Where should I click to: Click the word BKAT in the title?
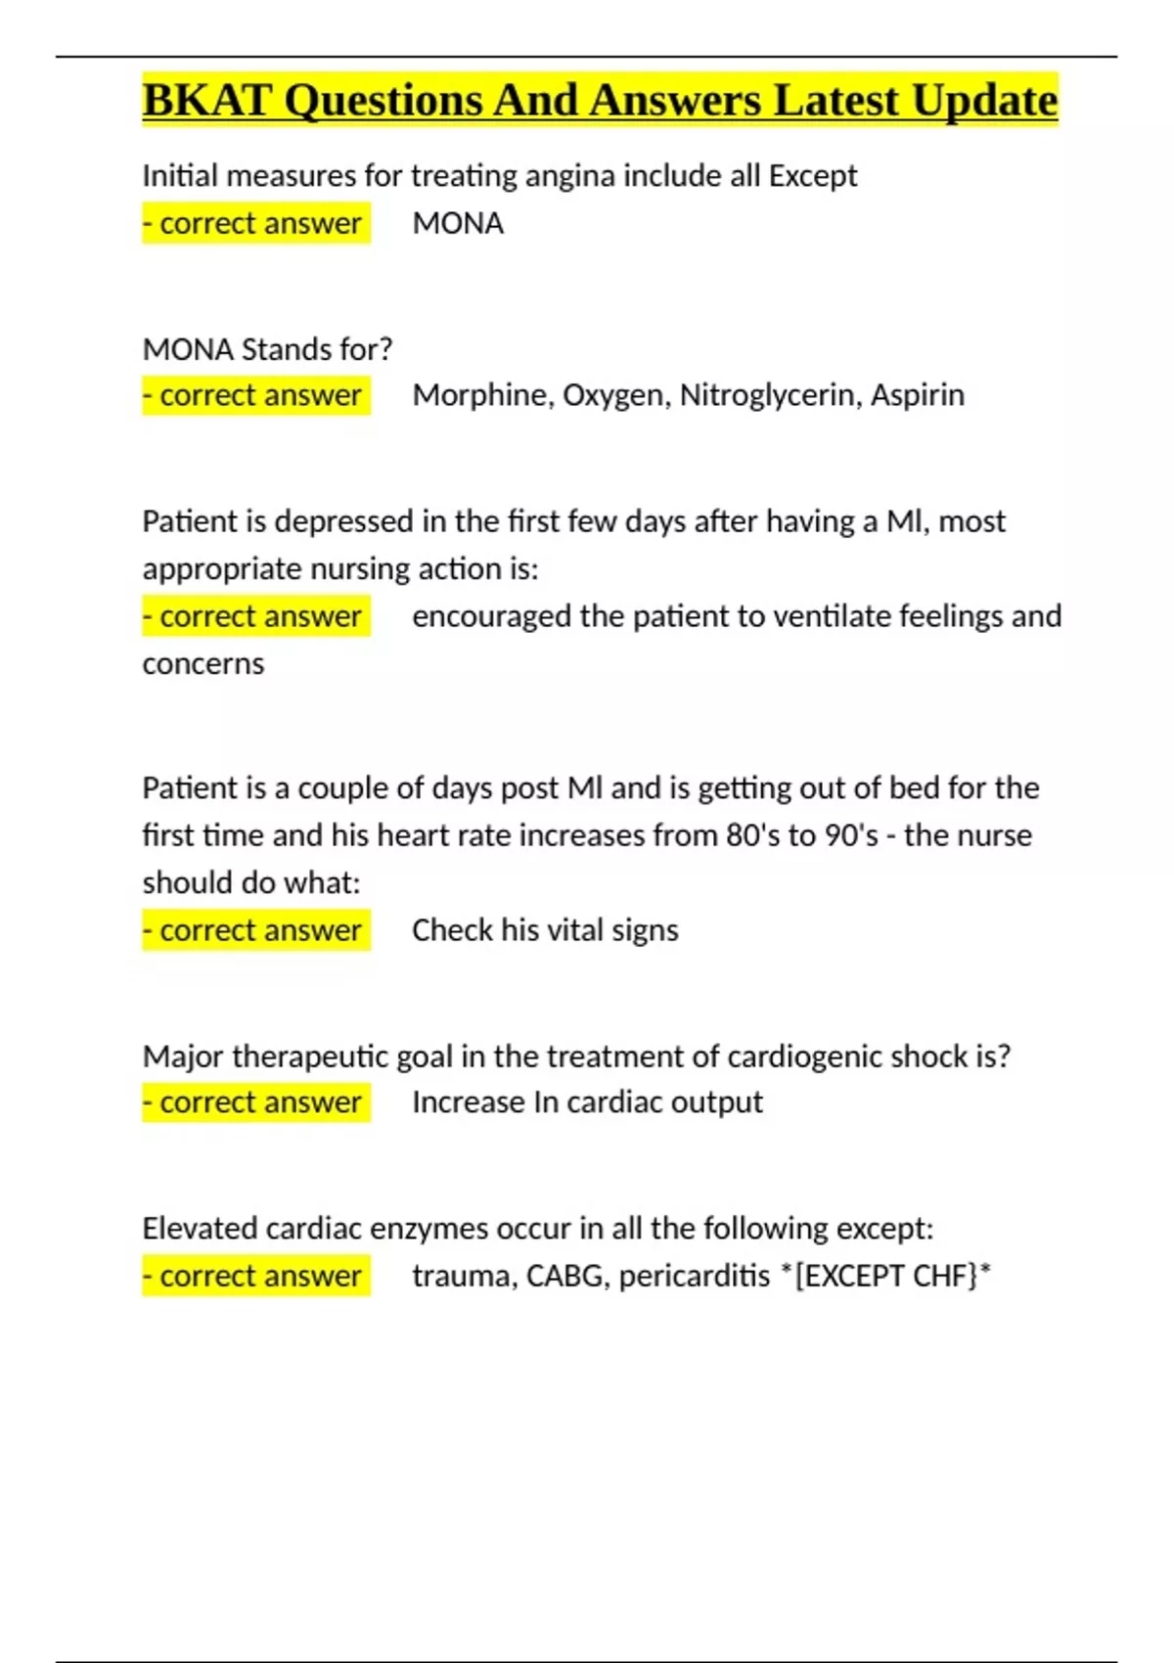[206, 101]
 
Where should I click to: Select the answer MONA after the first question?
[458, 224]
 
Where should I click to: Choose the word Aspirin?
[917, 395]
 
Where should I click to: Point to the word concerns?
[203, 664]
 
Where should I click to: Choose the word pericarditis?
[694, 1277]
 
